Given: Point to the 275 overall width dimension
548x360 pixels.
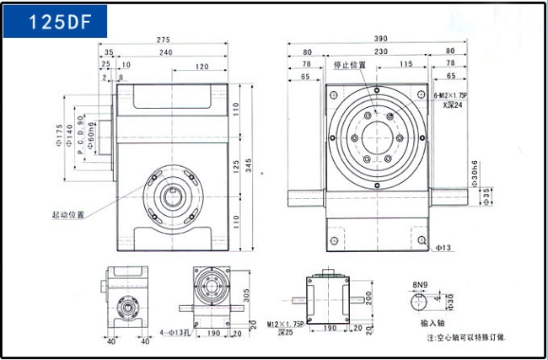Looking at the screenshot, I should pyautogui.click(x=164, y=39).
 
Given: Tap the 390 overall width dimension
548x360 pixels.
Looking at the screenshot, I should pyautogui.click(x=381, y=39).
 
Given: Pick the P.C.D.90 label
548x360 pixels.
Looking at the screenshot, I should pyautogui.click(x=80, y=135).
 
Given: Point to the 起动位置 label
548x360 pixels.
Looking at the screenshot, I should pyautogui.click(x=68, y=215).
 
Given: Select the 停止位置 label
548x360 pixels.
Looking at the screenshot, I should pyautogui.click(x=350, y=65).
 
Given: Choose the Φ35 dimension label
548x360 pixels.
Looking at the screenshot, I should pyautogui.click(x=486, y=196).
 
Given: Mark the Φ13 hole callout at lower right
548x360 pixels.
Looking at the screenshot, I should pyautogui.click(x=443, y=248).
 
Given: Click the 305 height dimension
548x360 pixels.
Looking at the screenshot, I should pyautogui.click(x=246, y=296).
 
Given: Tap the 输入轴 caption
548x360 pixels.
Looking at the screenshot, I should pyautogui.click(x=433, y=322).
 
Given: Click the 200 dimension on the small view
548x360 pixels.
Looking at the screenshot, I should pyautogui.click(x=368, y=298).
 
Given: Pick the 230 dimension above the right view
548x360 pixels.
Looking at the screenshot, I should pyautogui.click(x=381, y=51).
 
